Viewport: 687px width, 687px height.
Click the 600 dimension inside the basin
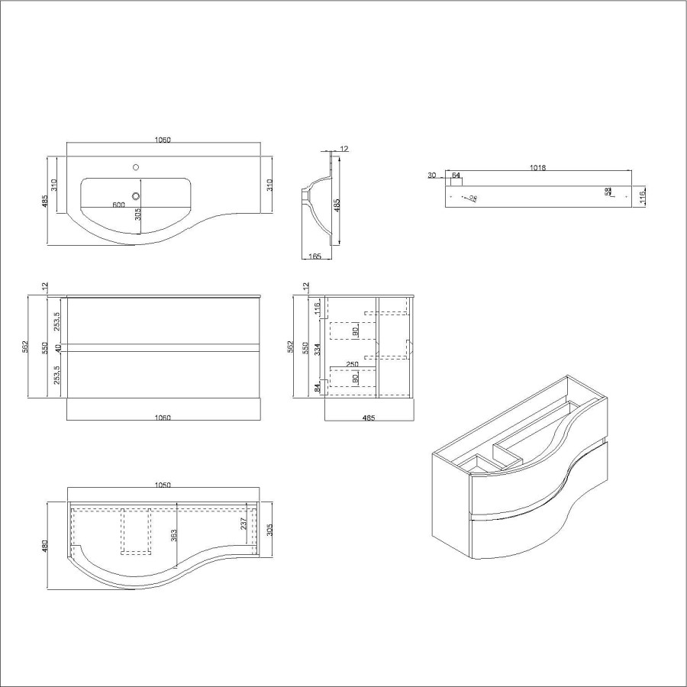[118, 205]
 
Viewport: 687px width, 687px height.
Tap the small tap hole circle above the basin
[137, 166]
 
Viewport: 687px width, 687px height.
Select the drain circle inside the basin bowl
[137, 195]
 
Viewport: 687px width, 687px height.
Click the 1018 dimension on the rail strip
[538, 169]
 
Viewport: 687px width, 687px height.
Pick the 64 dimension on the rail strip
[456, 176]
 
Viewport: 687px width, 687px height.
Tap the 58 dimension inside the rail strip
[608, 192]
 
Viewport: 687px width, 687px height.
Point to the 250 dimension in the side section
[352, 364]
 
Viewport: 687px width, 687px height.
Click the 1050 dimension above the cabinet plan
[163, 485]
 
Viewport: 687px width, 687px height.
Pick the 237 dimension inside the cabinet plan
[243, 523]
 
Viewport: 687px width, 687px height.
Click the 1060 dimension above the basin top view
[163, 140]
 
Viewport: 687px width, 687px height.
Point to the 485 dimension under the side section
[369, 418]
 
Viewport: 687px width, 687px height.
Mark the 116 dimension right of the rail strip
[643, 197]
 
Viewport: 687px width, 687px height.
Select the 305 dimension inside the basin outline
[138, 215]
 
